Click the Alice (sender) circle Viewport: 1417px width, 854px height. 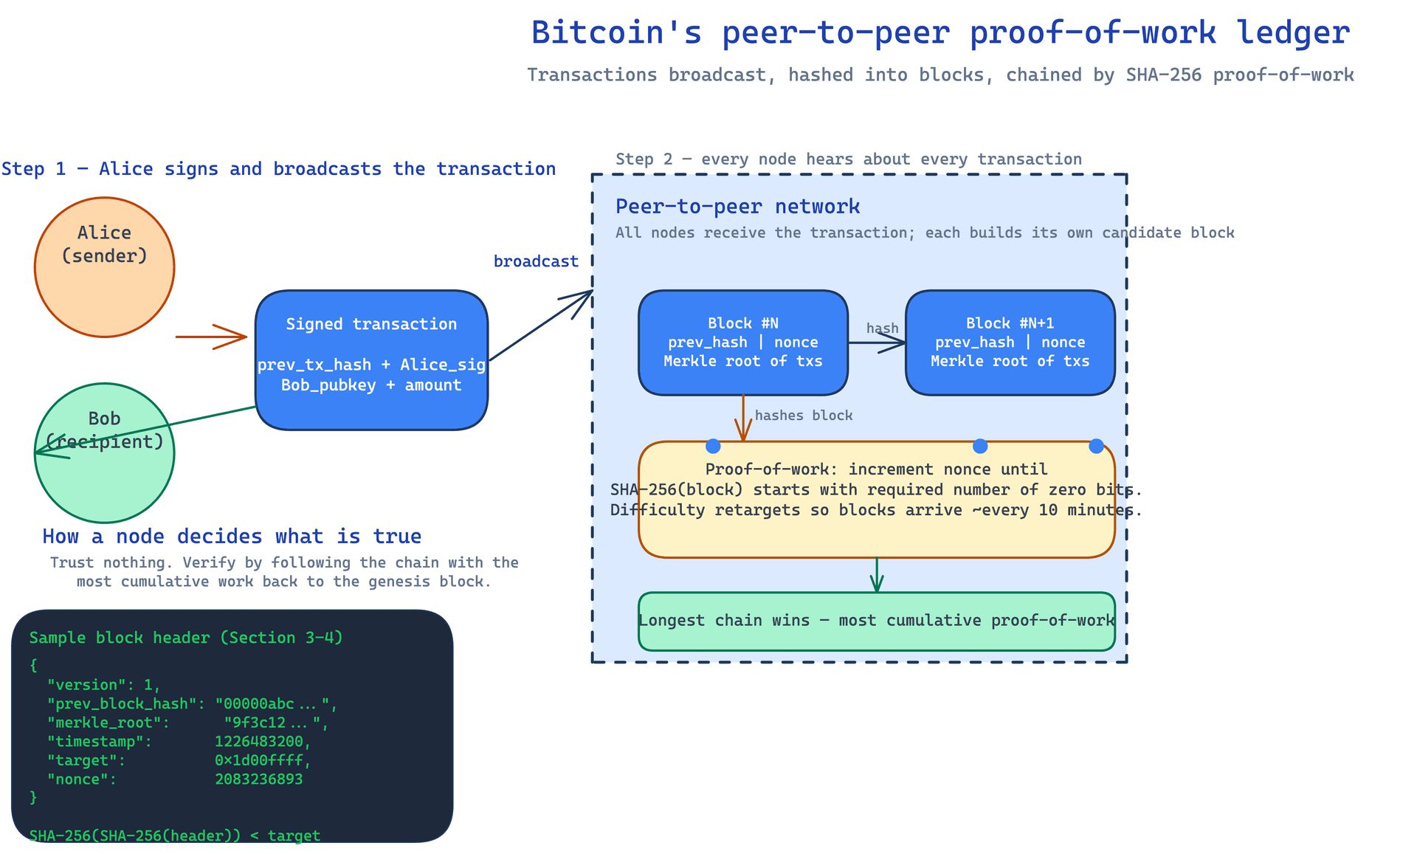(x=104, y=267)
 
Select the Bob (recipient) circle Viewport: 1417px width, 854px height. (x=104, y=453)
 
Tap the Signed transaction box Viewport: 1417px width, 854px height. (x=371, y=360)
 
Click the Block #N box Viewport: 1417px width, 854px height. (x=743, y=342)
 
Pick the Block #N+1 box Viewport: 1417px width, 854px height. (x=1010, y=342)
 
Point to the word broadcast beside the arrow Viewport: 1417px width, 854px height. (x=536, y=261)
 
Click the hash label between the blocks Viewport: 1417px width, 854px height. (x=883, y=328)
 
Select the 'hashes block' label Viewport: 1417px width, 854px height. (x=804, y=416)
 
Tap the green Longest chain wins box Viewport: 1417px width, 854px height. (x=877, y=621)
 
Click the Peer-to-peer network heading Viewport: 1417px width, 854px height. (x=738, y=207)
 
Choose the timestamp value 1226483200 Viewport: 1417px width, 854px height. (x=263, y=741)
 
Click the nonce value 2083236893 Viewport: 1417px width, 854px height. (x=259, y=779)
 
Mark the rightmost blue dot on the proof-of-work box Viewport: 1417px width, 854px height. (x=1096, y=446)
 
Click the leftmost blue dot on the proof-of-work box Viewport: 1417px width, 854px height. (x=713, y=446)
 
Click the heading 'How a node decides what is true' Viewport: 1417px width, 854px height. (x=232, y=537)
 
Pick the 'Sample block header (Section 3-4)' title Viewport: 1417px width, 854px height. (x=186, y=638)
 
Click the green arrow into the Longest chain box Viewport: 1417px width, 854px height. (x=877, y=575)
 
